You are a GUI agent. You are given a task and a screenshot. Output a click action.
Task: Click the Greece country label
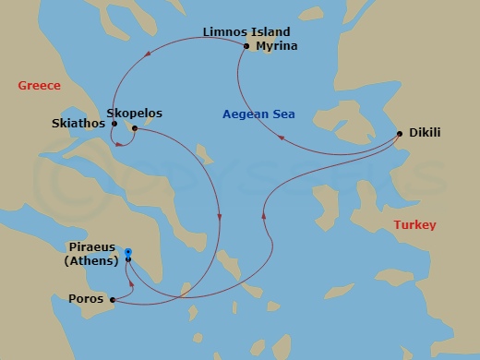click(39, 86)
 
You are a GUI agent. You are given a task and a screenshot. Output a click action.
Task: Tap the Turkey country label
click(414, 225)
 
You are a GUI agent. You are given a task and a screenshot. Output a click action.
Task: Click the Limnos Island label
click(246, 32)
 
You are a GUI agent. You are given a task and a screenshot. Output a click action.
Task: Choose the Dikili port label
click(425, 133)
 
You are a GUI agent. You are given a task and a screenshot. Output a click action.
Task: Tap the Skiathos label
click(78, 123)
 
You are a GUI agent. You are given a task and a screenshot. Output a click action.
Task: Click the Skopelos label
click(135, 114)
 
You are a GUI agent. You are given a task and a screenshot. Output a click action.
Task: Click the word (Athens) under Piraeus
click(90, 260)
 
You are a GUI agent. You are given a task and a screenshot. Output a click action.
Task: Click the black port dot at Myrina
click(246, 45)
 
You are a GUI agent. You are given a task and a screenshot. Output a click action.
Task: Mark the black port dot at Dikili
click(400, 134)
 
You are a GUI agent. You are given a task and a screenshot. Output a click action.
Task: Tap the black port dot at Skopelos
click(135, 127)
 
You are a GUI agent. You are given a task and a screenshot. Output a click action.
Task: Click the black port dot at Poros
click(113, 300)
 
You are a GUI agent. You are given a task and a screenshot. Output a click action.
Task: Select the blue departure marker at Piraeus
click(128, 252)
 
